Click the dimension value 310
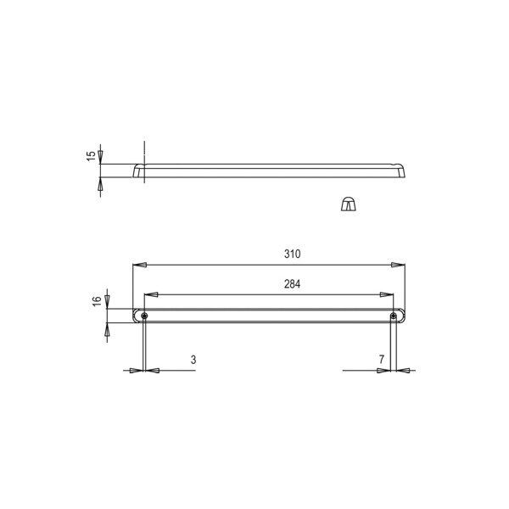tap(292, 254)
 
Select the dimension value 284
tap(292, 284)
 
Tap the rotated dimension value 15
tap(92, 155)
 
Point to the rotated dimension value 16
tap(97, 301)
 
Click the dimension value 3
tap(193, 360)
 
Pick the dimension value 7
tap(382, 360)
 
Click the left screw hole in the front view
tap(144, 316)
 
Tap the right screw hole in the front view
tap(394, 316)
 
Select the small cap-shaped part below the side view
tap(348, 204)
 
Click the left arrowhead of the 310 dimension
tap(140, 265)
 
